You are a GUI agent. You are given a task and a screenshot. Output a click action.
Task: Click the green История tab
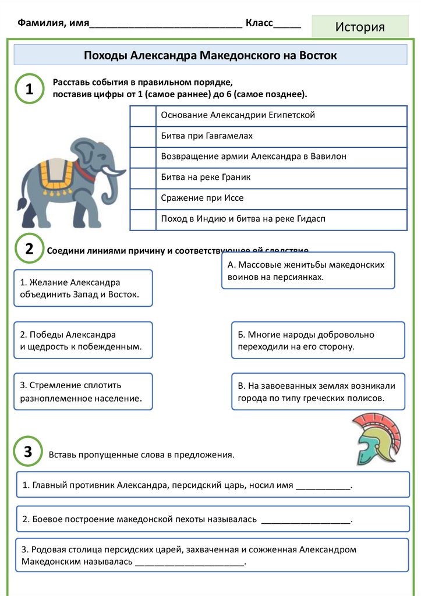[x=360, y=27]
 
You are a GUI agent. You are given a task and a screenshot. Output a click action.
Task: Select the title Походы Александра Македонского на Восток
[x=210, y=55]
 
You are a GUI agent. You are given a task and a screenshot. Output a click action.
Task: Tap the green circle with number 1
[x=29, y=89]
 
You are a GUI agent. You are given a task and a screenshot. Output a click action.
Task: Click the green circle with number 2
[x=29, y=249]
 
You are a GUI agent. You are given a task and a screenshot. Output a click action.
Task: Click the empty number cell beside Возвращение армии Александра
[x=143, y=157]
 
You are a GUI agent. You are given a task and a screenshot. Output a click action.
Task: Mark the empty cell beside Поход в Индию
[x=143, y=219]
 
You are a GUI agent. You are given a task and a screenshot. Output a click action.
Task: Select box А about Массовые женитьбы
[x=307, y=271]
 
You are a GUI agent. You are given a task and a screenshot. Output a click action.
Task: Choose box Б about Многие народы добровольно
[x=317, y=340]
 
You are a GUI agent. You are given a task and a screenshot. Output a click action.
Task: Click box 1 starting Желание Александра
[x=83, y=288]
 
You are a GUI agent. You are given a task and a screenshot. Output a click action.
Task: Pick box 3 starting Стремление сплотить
[x=83, y=392]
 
